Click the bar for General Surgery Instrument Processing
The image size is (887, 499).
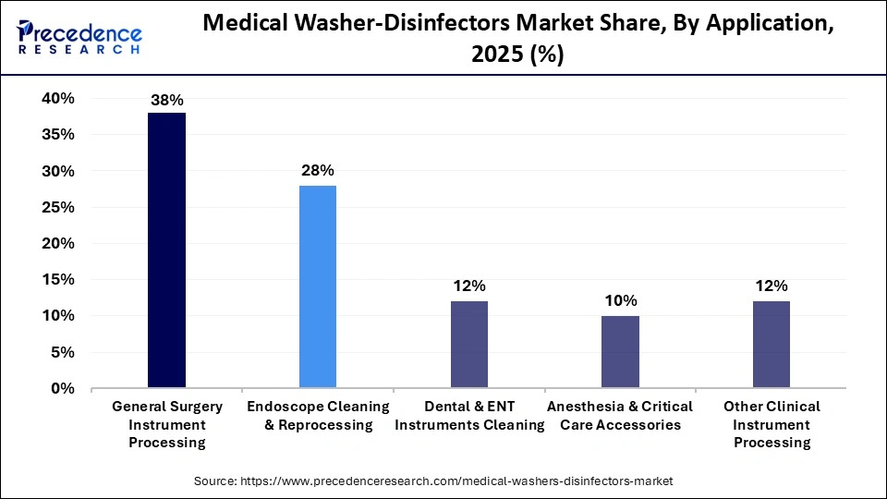pos(166,249)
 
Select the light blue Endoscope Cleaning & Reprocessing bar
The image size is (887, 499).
pos(318,286)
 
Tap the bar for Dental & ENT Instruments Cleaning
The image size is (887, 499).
pos(469,344)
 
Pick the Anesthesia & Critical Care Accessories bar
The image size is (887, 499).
pos(620,351)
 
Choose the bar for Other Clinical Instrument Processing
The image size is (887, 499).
pos(772,344)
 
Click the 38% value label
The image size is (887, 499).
pos(166,98)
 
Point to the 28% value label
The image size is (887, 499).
pos(318,170)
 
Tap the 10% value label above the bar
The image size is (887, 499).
pos(620,300)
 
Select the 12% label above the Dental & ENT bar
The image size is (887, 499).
pos(469,286)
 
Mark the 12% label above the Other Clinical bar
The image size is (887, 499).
pos(772,286)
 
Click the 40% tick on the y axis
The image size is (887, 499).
pos(57,99)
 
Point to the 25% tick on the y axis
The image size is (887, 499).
pos(57,207)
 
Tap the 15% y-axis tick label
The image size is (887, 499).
pos(57,280)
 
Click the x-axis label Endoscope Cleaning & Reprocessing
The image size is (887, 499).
pos(318,416)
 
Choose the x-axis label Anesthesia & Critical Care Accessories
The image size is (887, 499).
pos(620,416)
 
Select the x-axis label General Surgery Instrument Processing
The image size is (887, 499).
pos(166,424)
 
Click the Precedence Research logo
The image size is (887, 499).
pos(79,38)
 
